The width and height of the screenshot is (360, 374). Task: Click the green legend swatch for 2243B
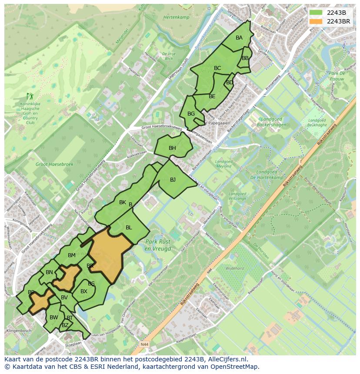(x=317, y=13)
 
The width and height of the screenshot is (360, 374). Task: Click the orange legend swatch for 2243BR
(x=317, y=21)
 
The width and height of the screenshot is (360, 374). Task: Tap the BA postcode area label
(x=239, y=38)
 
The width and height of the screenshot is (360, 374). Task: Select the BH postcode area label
(x=173, y=148)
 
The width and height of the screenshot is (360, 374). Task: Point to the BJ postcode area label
(x=173, y=180)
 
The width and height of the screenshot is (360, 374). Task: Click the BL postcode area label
(x=129, y=228)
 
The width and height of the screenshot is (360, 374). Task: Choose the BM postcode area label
(x=72, y=255)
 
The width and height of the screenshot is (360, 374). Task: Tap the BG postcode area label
(x=191, y=114)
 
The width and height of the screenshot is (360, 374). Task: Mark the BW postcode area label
(x=53, y=318)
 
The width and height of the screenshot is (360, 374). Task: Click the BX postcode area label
(x=84, y=291)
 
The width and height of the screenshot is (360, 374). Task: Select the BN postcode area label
(x=49, y=273)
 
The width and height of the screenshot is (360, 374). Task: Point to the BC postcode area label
(x=217, y=68)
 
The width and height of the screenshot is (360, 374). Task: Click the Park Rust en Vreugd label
(x=158, y=245)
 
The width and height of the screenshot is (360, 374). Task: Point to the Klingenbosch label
(x=19, y=331)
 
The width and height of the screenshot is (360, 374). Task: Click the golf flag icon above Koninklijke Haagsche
(x=30, y=96)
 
